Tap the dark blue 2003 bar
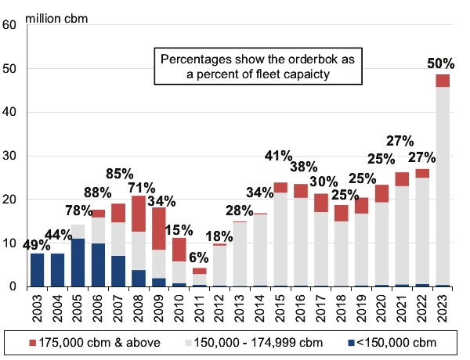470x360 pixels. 37,270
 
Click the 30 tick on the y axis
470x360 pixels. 10,156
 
